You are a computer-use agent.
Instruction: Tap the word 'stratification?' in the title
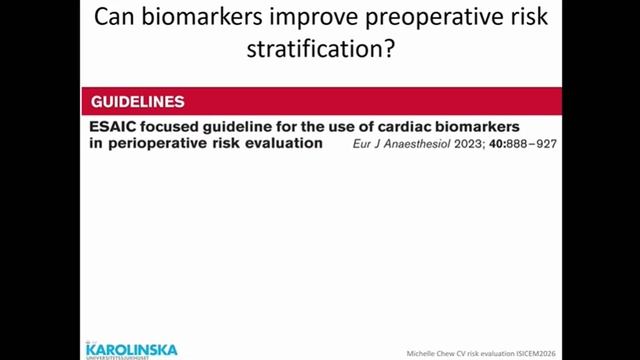coord(319,49)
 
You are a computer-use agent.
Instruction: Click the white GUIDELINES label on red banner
coord(137,102)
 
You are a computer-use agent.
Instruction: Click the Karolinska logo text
coord(131,348)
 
